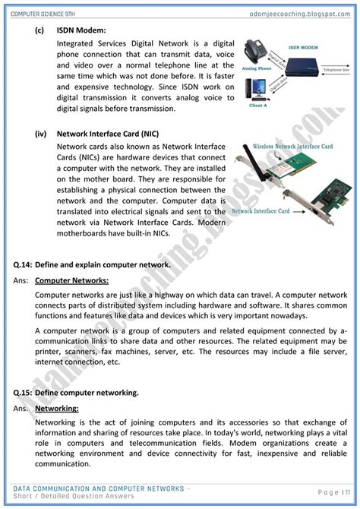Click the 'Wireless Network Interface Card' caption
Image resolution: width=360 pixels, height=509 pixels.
[x=295, y=145]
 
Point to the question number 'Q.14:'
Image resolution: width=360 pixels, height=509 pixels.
[x=23, y=265]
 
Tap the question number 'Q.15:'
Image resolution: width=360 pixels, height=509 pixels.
[x=23, y=393]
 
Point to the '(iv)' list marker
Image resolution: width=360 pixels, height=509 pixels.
[x=41, y=133]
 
